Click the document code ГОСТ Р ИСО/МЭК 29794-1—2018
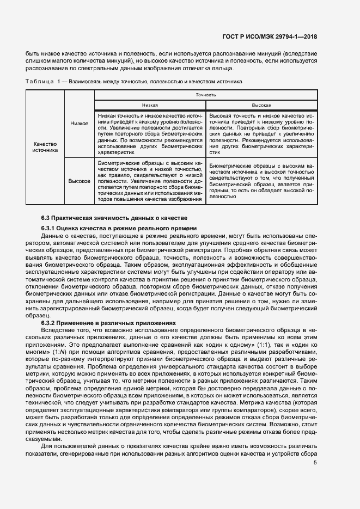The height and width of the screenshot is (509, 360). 270,37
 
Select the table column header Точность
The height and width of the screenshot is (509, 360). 206,95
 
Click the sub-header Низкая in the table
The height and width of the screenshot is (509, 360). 150,105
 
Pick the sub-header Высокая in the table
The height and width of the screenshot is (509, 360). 261,105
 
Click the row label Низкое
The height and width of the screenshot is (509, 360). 80,124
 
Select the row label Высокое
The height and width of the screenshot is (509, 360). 80,181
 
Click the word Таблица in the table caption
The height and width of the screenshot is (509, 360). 38,81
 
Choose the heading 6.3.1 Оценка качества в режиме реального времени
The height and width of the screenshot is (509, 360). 119,228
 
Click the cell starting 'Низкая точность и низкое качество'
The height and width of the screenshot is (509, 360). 150,134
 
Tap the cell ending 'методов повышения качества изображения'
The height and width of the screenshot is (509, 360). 150,181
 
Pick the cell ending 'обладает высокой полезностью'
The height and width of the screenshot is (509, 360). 261,180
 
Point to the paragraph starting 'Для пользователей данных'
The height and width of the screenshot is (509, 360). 172,446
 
